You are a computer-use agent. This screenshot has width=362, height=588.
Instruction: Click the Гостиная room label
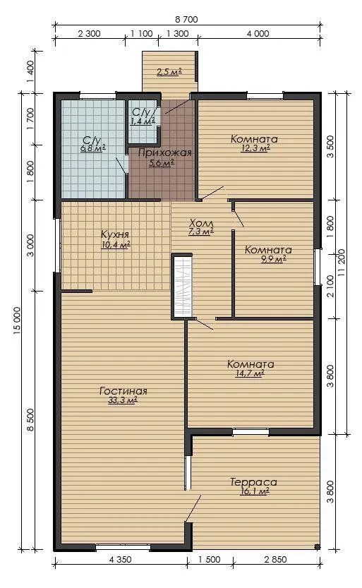(123, 391)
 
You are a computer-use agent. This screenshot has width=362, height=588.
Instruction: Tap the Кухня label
(115, 234)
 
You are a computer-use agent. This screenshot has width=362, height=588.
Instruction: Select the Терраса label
(254, 482)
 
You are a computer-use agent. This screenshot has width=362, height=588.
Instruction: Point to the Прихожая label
(165, 152)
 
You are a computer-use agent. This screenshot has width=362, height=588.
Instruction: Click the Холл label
(201, 222)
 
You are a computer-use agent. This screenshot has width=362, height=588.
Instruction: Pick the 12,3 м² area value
(255, 148)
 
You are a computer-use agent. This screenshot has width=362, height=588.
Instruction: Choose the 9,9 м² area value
(274, 259)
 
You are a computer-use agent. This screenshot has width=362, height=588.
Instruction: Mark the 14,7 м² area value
(250, 373)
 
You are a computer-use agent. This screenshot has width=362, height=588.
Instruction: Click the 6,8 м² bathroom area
(93, 148)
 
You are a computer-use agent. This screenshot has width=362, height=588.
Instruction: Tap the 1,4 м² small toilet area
(143, 121)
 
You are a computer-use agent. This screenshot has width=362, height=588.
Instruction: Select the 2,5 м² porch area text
(169, 72)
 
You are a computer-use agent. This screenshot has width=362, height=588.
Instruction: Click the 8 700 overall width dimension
(186, 20)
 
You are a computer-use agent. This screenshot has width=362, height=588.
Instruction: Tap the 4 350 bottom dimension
(120, 560)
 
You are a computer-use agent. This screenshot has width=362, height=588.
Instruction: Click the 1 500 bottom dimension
(209, 560)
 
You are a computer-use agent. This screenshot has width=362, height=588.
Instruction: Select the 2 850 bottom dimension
(275, 560)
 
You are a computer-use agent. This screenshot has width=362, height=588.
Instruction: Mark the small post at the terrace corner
(317, 547)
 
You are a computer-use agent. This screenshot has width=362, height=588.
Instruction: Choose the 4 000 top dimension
(258, 34)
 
